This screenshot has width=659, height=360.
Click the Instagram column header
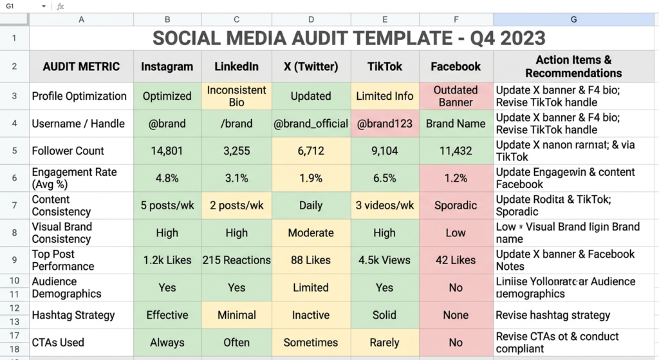[x=167, y=66]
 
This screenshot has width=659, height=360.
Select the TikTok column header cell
[x=384, y=66]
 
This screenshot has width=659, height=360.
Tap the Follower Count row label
[x=68, y=151]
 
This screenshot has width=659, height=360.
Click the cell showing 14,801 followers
[x=167, y=151]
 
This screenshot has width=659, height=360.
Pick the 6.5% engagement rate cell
[x=384, y=178]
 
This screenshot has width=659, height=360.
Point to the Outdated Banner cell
[x=455, y=96]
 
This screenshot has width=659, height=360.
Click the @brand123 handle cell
[x=384, y=124]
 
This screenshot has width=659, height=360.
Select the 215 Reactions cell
[x=236, y=260]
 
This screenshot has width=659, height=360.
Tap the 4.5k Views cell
[x=384, y=260]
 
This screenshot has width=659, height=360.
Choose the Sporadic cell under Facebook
[x=455, y=205]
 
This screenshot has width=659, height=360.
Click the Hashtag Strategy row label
[x=73, y=315]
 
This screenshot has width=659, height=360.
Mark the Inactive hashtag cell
[x=310, y=315]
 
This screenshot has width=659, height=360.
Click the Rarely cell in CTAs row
[x=384, y=343]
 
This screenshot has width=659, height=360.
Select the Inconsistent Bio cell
[x=236, y=96]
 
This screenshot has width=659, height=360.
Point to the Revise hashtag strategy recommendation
[x=553, y=315]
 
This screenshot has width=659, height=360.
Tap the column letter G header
[x=573, y=20]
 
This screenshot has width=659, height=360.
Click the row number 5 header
[x=14, y=151]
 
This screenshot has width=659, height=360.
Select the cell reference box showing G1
[x=19, y=6]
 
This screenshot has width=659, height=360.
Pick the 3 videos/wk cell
[x=384, y=205]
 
